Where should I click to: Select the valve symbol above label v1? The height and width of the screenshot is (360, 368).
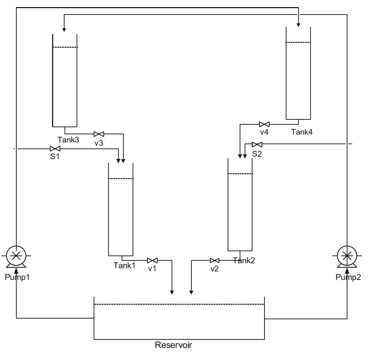point(152,260)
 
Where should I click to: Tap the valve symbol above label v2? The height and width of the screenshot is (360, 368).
point(214,260)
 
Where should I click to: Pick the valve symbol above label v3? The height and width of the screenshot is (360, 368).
point(99,134)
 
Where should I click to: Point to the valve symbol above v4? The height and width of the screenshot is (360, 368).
point(264,124)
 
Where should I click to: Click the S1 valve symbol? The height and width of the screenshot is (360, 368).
point(55,149)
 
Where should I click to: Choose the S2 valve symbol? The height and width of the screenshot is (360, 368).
point(257,144)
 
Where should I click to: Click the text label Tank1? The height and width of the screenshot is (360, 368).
point(124,265)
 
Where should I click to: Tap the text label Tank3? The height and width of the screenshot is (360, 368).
point(68,140)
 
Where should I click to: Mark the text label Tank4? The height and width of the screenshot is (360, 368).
point(302,132)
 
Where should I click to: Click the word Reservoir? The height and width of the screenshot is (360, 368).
point(173,345)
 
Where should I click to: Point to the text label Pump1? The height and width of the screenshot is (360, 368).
point(17,277)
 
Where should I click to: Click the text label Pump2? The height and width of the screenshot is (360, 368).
point(348,277)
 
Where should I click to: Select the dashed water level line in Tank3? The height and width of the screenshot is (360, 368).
point(65,47)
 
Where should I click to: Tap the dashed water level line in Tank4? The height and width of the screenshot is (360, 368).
point(298,43)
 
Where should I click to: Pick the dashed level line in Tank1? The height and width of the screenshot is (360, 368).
point(121,179)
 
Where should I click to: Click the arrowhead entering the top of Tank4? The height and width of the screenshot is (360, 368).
point(299,25)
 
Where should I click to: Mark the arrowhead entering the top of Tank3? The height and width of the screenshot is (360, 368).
point(64,30)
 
